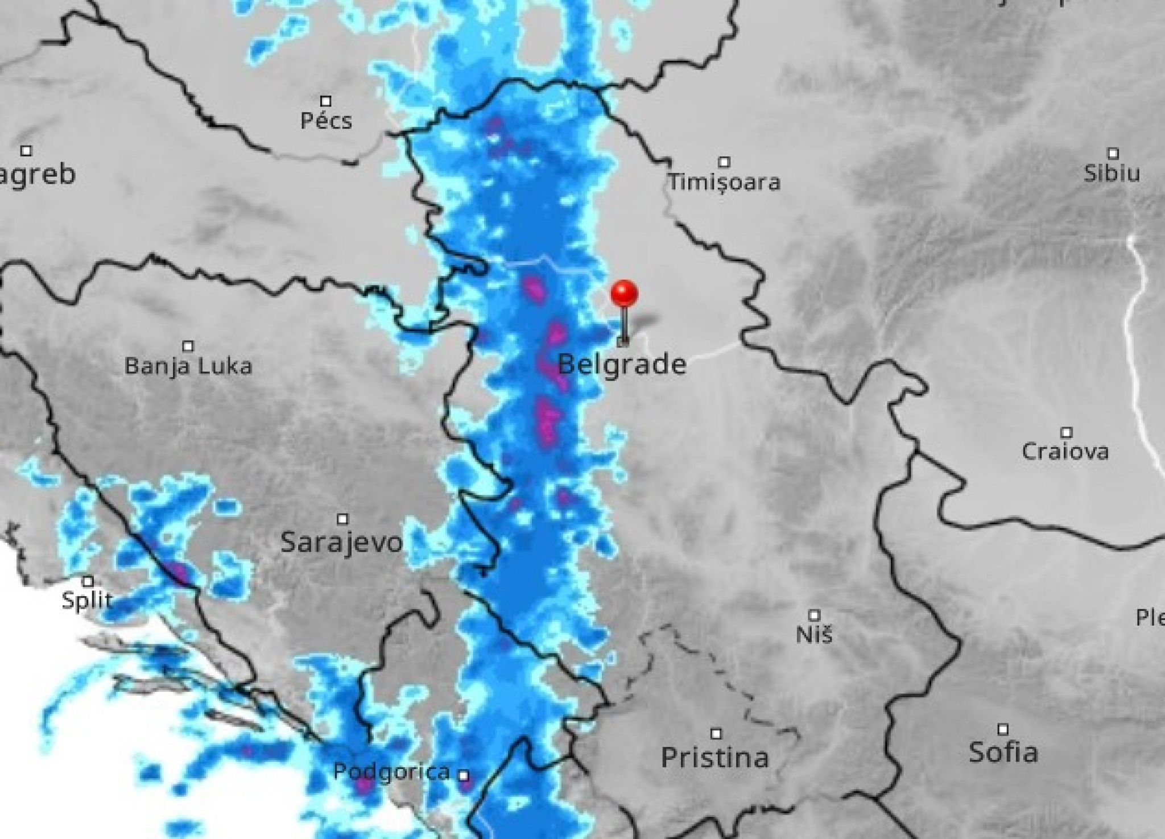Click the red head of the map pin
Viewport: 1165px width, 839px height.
click(624, 293)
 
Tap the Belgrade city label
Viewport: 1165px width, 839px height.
click(622, 364)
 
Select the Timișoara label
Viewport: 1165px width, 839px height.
click(724, 182)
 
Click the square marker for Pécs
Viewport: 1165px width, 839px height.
click(326, 101)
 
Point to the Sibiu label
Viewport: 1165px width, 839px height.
click(1112, 173)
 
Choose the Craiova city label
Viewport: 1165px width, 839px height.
click(1065, 452)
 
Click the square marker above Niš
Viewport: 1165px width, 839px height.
click(815, 615)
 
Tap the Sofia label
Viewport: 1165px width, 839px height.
click(1003, 752)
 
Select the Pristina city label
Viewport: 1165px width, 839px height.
click(715, 757)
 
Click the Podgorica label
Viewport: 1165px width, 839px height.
click(391, 772)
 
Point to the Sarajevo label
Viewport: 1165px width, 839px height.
click(342, 543)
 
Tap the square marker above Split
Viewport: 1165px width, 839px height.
click(88, 581)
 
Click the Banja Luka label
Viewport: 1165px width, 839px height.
click(188, 366)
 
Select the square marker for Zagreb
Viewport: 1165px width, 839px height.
click(26, 151)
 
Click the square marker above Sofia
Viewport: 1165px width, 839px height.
click(1003, 729)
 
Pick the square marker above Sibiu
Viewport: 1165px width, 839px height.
click(1113, 153)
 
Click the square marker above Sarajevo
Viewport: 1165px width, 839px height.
click(342, 519)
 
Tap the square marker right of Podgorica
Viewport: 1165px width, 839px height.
click(464, 775)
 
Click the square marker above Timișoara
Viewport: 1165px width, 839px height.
click(724, 162)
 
